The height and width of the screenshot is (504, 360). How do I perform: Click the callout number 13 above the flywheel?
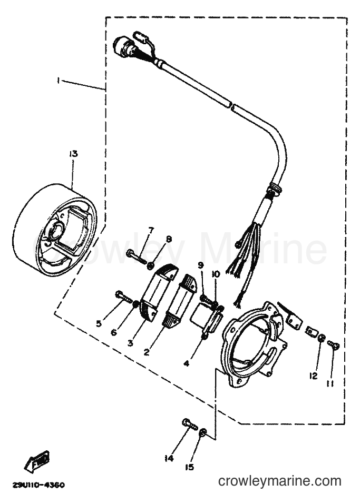point(73,154)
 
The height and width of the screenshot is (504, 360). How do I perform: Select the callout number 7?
point(151,231)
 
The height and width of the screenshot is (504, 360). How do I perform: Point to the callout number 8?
point(169,239)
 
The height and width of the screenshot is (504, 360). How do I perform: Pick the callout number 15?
point(190,467)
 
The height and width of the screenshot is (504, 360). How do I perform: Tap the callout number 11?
point(330,383)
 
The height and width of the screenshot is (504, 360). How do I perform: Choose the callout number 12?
point(313,375)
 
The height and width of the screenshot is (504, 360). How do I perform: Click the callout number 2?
point(147,352)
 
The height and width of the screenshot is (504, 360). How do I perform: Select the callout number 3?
point(130,343)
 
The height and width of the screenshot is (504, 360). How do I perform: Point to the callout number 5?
point(99,323)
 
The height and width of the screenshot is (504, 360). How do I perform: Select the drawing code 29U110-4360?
point(38,485)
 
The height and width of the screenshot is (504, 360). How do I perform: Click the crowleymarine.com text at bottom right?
point(279,481)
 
